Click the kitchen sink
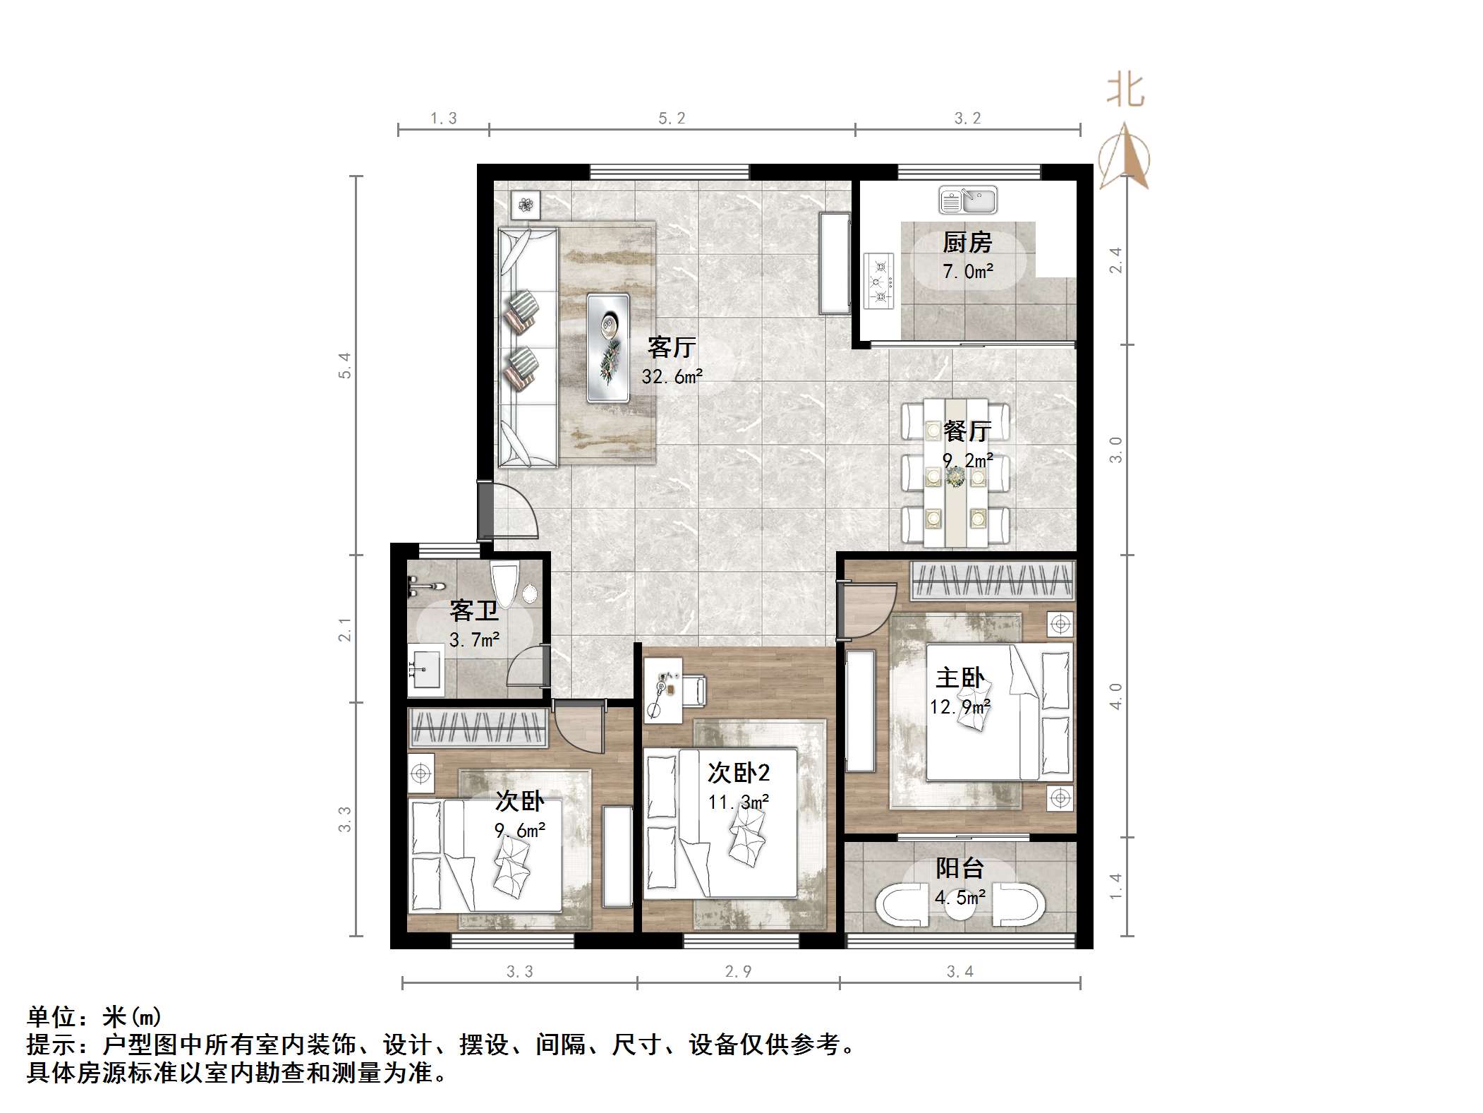click(967, 200)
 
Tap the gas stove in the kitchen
click(879, 281)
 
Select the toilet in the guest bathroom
click(505, 584)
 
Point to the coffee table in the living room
click(607, 348)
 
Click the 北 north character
click(1125, 91)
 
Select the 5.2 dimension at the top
click(672, 119)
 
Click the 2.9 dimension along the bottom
click(738, 972)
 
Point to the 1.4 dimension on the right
click(1115, 886)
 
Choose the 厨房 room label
click(967, 243)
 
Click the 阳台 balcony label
click(960, 868)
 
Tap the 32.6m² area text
click(672, 377)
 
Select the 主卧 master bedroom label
click(960, 678)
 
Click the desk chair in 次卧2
click(693, 690)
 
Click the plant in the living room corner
click(526, 205)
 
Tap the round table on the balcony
click(960, 906)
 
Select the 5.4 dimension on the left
click(345, 365)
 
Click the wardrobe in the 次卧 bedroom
click(478, 728)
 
